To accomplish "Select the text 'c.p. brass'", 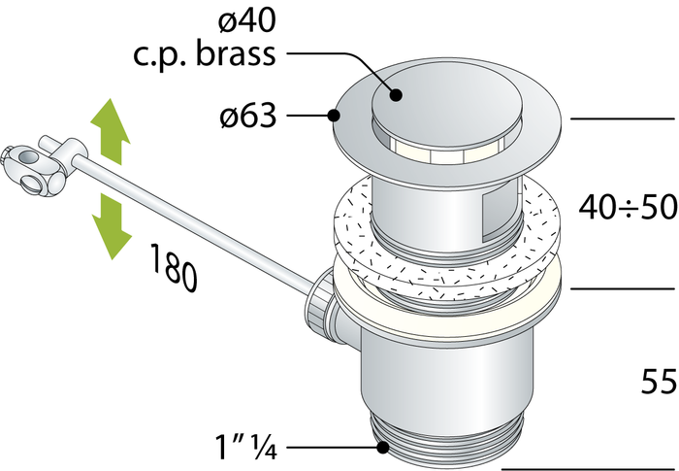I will [204, 53].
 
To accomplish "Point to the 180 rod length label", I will [175, 267].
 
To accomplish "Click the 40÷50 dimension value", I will [627, 206].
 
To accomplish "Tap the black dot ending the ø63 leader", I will [335, 117].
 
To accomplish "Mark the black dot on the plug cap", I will [397, 94].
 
